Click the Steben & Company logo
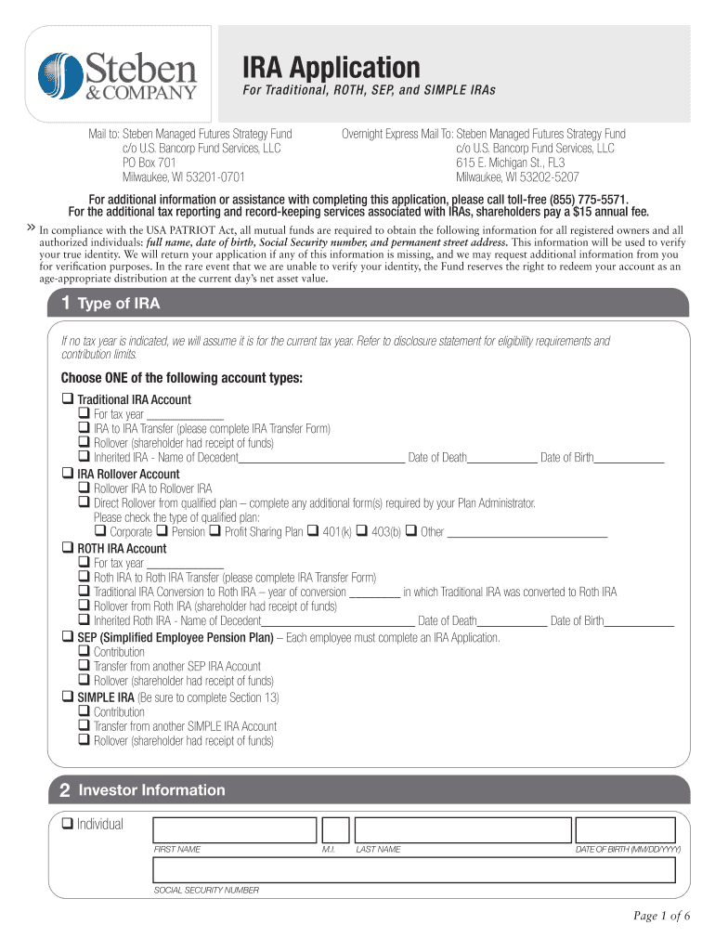tap(118, 74)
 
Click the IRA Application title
tap(331, 67)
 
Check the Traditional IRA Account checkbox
tap(67, 399)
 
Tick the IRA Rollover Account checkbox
tap(67, 474)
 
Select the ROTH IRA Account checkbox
tap(67, 548)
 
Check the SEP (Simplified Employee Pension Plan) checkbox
tap(67, 638)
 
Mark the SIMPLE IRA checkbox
tap(67, 697)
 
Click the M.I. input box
tap(335, 829)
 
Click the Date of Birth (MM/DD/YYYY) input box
tap(629, 829)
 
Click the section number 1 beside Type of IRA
tap(66, 304)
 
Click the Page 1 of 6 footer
tap(662, 917)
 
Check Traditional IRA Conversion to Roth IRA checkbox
tap(84, 592)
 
